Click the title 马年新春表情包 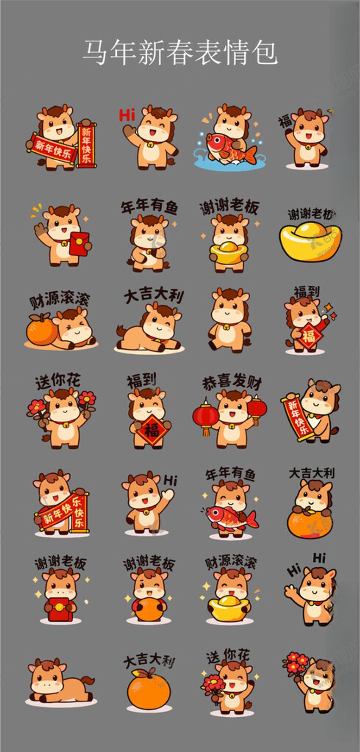tap(180, 52)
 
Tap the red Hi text tap(126, 114)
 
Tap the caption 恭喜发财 tap(232, 382)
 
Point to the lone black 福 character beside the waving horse tap(285, 122)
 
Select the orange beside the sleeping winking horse tap(41, 329)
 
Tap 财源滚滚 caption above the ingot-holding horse tap(231, 563)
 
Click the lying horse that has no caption tap(58, 683)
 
